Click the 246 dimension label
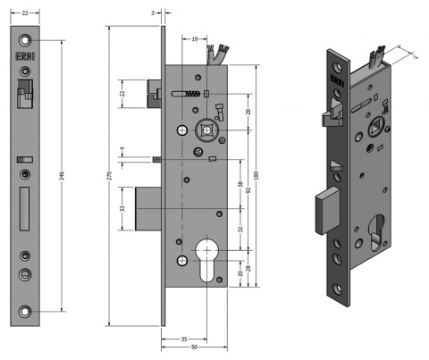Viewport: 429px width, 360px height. (x=61, y=175)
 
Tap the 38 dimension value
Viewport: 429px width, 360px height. (x=240, y=185)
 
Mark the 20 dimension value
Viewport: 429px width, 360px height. (x=240, y=275)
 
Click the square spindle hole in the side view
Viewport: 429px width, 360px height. (x=207, y=130)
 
